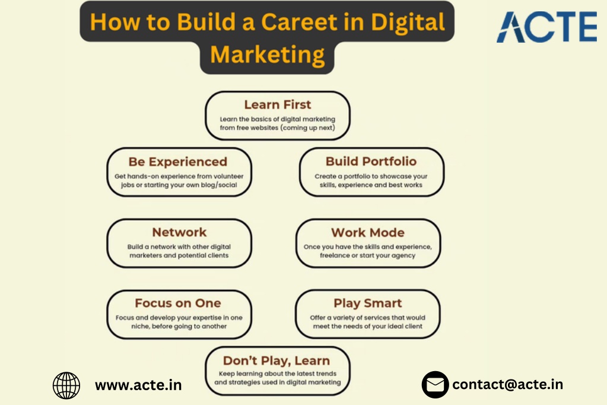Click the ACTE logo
tap(546, 27)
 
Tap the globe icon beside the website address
tap(66, 385)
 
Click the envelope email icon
tap(435, 384)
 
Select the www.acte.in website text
tap(138, 385)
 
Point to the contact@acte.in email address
tap(507, 384)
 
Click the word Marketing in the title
tap(268, 55)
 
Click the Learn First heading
tap(278, 105)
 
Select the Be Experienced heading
tap(177, 162)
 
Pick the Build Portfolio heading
tap(371, 161)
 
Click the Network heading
tap(179, 232)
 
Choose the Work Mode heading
tap(368, 233)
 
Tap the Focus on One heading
tap(177, 303)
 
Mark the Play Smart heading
tap(368, 303)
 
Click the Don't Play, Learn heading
tap(277, 360)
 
